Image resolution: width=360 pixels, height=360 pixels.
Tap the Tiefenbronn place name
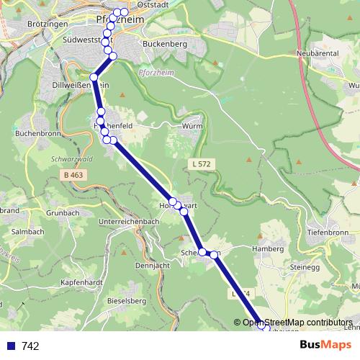[x=328, y=233]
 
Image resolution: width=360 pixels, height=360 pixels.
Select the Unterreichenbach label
[x=127, y=221]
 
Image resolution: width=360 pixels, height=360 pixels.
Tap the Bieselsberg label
[x=126, y=300]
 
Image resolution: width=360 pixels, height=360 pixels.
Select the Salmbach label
[x=28, y=232]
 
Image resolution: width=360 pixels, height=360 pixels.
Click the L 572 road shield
[x=202, y=164]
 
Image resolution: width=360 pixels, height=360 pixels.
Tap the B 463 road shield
[x=72, y=174]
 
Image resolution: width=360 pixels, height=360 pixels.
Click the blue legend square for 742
[x=11, y=346]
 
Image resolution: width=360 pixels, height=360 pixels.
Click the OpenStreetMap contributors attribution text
[x=297, y=322]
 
